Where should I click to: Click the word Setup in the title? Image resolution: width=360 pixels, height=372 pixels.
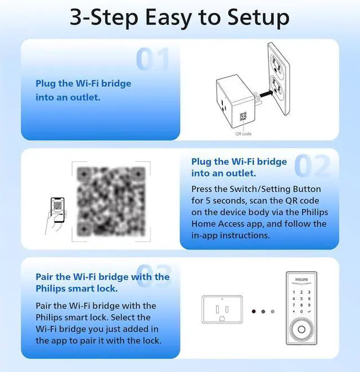[x=259, y=18]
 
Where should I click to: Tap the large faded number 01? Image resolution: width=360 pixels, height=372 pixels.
[x=152, y=59]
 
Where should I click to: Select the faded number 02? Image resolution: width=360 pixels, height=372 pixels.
[x=312, y=165]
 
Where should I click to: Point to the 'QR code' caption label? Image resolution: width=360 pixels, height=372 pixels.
[x=244, y=134]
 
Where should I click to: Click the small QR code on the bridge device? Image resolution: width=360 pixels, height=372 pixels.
[x=243, y=116]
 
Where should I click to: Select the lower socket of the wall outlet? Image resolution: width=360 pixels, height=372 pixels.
[x=277, y=85]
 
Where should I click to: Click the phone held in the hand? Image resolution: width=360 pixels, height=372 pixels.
[x=57, y=210]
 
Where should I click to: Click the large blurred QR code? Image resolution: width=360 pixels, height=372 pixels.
[x=111, y=201]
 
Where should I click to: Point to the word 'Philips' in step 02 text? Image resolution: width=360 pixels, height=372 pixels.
[x=314, y=212]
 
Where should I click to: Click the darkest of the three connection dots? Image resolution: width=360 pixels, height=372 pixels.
[x=254, y=311]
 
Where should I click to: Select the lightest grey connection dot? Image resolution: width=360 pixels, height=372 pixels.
[x=273, y=311]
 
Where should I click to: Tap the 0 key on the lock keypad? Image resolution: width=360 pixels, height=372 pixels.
[x=301, y=312]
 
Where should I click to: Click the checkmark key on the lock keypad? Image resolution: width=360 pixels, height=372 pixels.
[x=309, y=312]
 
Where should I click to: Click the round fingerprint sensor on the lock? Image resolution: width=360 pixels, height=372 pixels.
[x=301, y=330]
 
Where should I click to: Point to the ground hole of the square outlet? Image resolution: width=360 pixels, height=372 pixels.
[x=222, y=319]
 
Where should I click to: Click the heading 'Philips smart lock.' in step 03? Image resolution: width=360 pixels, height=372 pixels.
[x=76, y=289]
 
